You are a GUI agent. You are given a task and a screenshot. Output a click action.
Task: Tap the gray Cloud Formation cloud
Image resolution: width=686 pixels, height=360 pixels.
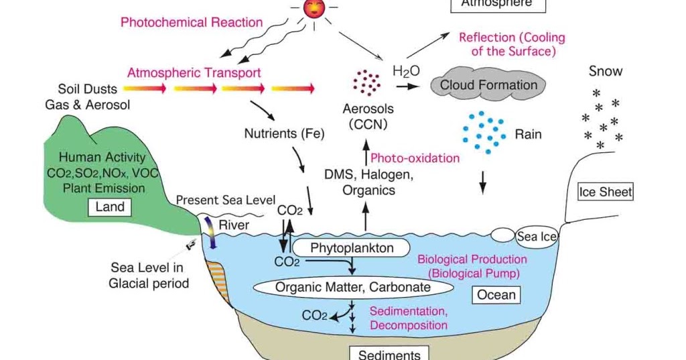click(x=488, y=85)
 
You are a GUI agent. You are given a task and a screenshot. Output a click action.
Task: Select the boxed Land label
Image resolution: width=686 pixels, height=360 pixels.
click(x=110, y=207)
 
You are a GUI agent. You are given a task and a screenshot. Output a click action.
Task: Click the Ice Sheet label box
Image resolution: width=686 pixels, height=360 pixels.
click(x=605, y=192)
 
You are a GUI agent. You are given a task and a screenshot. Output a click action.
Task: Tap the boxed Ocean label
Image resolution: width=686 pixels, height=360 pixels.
click(x=496, y=294)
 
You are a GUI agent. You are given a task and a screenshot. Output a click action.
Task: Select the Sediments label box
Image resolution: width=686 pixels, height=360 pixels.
click(x=389, y=353)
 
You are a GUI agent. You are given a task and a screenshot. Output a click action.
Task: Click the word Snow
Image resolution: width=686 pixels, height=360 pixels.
click(x=606, y=71)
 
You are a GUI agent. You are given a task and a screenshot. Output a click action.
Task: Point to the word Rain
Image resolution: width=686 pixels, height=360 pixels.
click(x=528, y=134)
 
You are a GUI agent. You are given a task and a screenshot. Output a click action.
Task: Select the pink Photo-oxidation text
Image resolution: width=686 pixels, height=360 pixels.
click(x=415, y=158)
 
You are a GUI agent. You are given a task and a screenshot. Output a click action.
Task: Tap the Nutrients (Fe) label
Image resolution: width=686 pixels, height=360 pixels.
click(x=284, y=133)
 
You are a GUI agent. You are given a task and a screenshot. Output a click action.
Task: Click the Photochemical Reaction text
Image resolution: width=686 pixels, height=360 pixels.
click(x=192, y=22)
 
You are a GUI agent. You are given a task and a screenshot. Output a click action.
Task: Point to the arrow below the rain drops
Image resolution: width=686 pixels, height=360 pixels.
click(x=483, y=181)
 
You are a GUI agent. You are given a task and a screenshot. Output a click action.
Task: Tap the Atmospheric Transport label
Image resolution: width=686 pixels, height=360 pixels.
click(x=194, y=72)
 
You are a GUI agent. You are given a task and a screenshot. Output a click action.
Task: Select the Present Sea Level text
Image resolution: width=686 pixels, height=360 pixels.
click(x=226, y=200)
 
